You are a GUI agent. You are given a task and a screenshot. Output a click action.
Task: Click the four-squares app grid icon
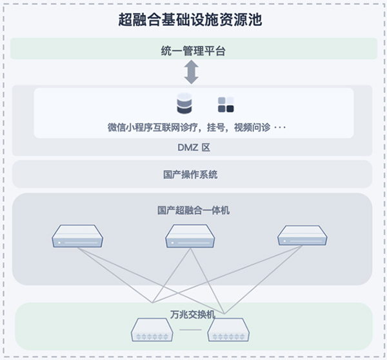(x=226, y=104)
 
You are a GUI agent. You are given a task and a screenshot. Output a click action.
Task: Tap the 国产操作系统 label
(x=191, y=174)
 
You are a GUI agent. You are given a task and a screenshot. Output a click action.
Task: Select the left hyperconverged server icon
(x=77, y=236)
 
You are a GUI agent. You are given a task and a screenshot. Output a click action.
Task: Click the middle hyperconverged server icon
(x=190, y=236)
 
